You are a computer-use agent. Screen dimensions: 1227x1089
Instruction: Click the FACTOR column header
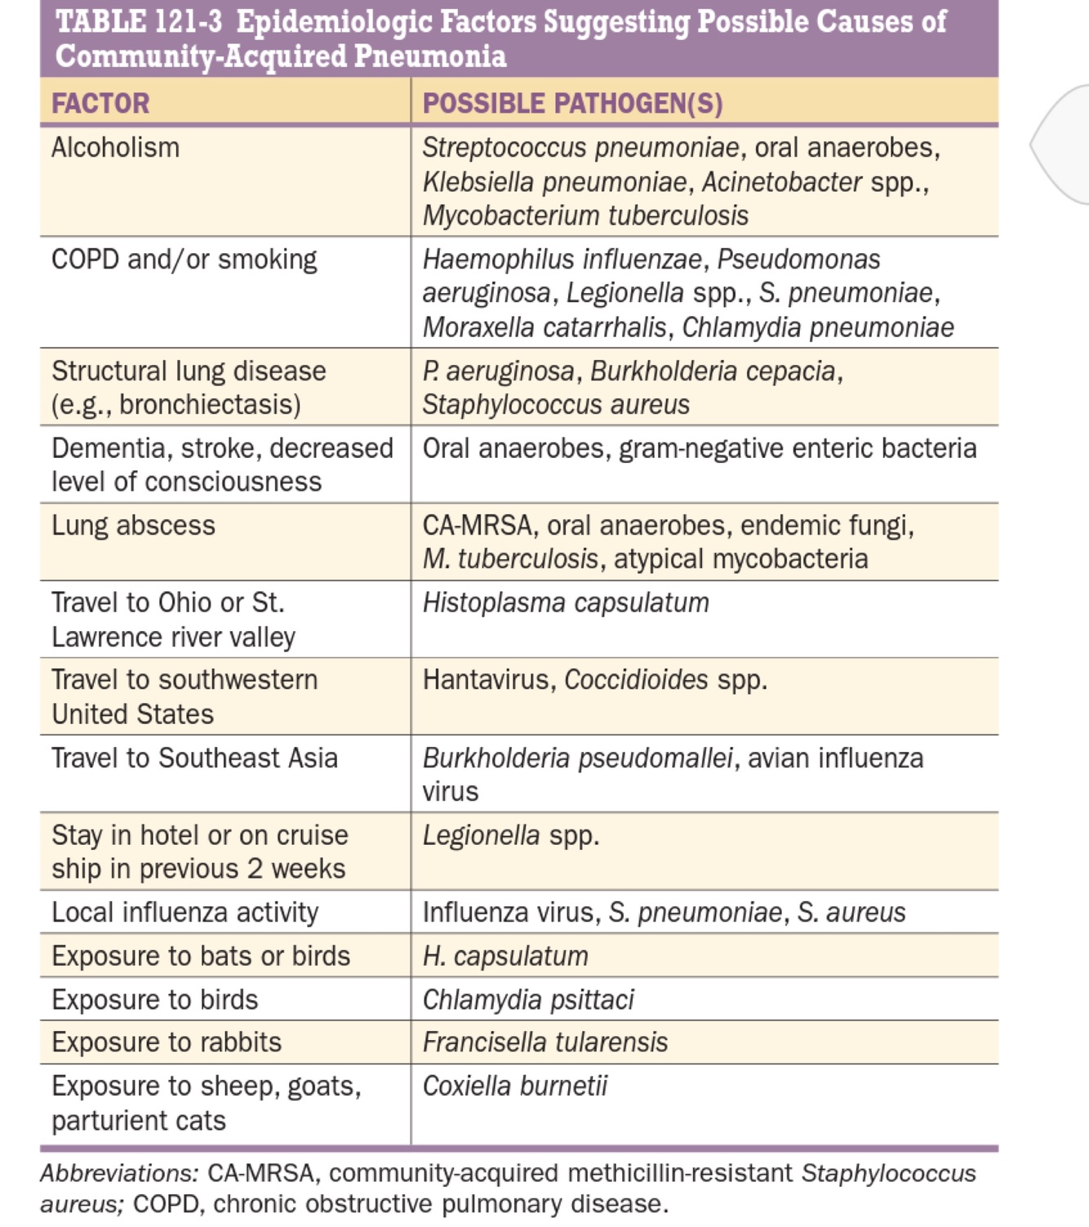[x=100, y=104]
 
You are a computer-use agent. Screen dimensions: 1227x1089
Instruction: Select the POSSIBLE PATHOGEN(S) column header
[x=572, y=104]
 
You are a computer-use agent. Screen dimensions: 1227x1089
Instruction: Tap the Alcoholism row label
[x=115, y=148]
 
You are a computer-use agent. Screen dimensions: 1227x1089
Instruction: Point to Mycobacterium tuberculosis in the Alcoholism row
[x=585, y=216]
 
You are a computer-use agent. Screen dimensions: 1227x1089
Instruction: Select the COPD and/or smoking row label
[x=184, y=260]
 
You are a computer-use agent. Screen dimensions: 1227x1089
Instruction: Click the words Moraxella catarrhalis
[x=544, y=327]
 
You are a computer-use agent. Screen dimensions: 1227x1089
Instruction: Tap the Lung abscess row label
[x=133, y=526]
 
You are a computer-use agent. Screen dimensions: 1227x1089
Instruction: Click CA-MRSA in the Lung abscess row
[x=477, y=526]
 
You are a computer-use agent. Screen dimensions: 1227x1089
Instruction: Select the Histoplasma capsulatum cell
[x=565, y=603]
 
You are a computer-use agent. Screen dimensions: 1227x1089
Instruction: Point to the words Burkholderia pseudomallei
[x=577, y=758]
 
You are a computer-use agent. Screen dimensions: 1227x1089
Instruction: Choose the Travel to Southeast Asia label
[x=194, y=758]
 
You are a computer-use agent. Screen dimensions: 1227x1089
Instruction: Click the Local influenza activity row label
[x=184, y=913]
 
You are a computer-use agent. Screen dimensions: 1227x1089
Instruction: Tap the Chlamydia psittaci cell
[x=527, y=1000]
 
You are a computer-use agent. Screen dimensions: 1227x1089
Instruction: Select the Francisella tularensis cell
[x=544, y=1043]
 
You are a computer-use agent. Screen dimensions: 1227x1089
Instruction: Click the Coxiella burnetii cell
[x=514, y=1087]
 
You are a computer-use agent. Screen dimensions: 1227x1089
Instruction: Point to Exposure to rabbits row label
[x=167, y=1043]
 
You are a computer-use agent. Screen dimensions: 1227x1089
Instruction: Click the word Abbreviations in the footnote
[x=118, y=1173]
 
